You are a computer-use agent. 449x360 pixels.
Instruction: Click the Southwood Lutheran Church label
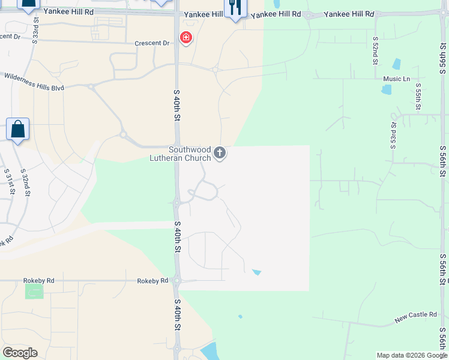[189, 154]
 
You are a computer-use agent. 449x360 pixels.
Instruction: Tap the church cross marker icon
[220, 153]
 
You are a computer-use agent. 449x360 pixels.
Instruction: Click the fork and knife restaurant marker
[235, 8]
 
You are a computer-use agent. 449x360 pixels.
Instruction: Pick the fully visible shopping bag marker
[18, 129]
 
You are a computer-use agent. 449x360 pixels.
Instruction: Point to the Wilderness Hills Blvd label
[42, 82]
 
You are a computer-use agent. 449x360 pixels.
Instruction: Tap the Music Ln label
[396, 79]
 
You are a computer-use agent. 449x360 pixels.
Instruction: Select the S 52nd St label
[375, 50]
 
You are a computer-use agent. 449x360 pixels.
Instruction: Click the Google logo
[20, 353]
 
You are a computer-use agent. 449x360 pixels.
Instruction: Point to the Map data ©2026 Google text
[411, 355]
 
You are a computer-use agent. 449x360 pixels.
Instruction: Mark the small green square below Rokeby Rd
[34, 292]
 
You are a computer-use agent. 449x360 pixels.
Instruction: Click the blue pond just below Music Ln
[386, 89]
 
